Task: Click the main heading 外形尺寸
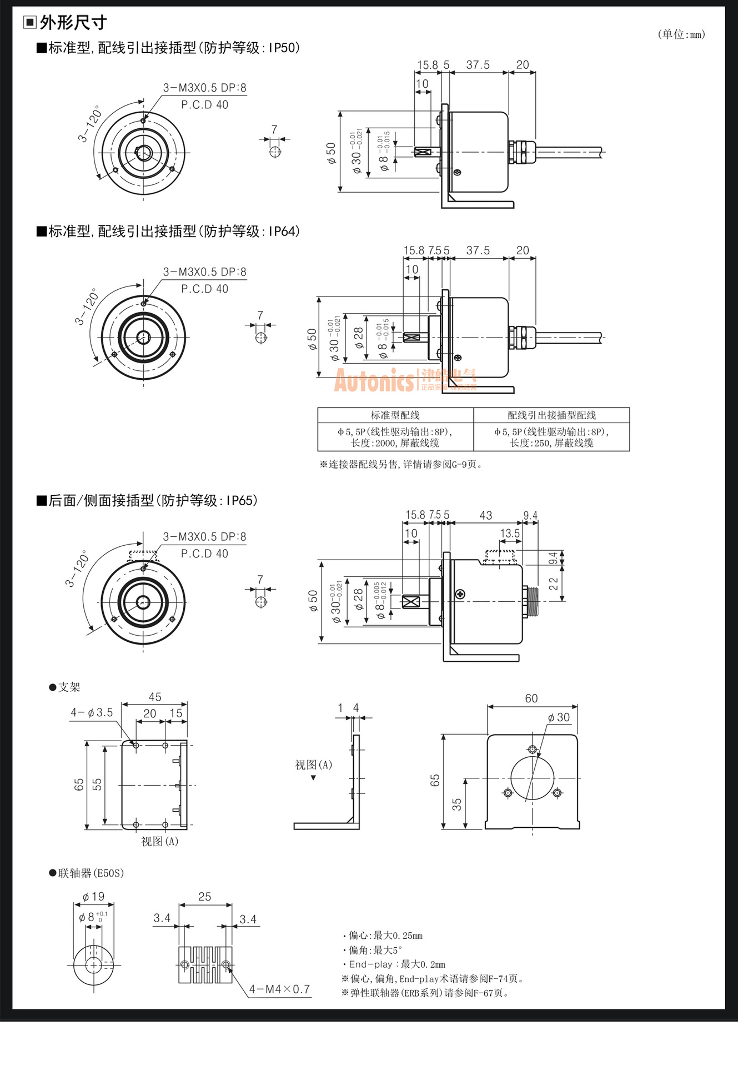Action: click(x=73, y=23)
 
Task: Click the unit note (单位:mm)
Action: click(x=681, y=34)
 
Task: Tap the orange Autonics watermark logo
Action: click(x=374, y=381)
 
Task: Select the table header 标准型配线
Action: click(x=395, y=415)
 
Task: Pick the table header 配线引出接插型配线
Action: click(x=551, y=415)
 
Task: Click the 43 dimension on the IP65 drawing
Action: click(x=485, y=515)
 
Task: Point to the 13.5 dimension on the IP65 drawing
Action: click(x=510, y=534)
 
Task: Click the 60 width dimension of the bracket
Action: click(x=531, y=698)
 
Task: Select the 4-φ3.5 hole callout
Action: click(x=92, y=712)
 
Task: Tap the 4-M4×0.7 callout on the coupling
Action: click(x=279, y=989)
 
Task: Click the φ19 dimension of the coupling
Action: click(x=93, y=897)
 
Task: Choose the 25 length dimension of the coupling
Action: click(x=204, y=897)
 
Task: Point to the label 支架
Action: click(x=69, y=687)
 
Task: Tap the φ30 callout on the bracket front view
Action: click(x=559, y=717)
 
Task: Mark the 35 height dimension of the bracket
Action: click(x=456, y=804)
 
